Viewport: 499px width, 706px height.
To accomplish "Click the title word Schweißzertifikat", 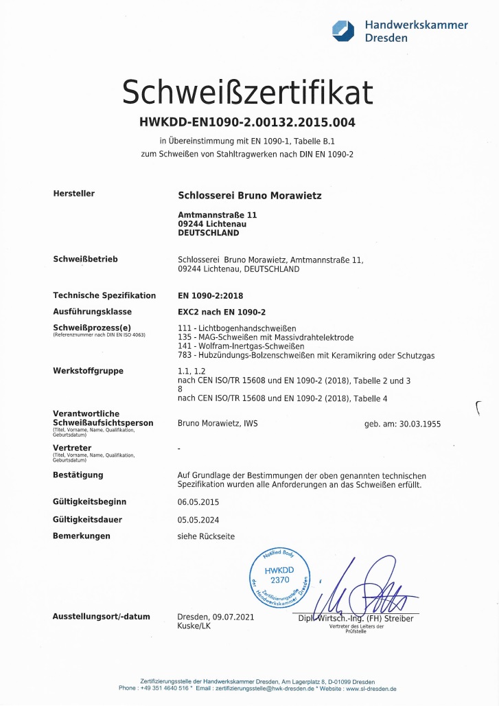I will click(248, 92).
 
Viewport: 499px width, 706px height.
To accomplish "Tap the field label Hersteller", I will click(73, 194).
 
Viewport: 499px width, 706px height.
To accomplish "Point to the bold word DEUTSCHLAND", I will click(208, 233).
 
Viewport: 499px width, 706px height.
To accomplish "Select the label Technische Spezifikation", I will click(104, 295).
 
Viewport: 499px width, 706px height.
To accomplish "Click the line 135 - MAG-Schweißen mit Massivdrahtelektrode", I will click(266, 337).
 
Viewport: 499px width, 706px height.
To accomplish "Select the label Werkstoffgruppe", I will click(88, 371).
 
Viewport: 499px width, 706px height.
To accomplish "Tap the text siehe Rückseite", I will click(206, 536).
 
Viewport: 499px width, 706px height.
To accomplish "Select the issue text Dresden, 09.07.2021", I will click(216, 617).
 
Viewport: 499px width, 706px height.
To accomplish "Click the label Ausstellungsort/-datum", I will click(101, 617).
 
